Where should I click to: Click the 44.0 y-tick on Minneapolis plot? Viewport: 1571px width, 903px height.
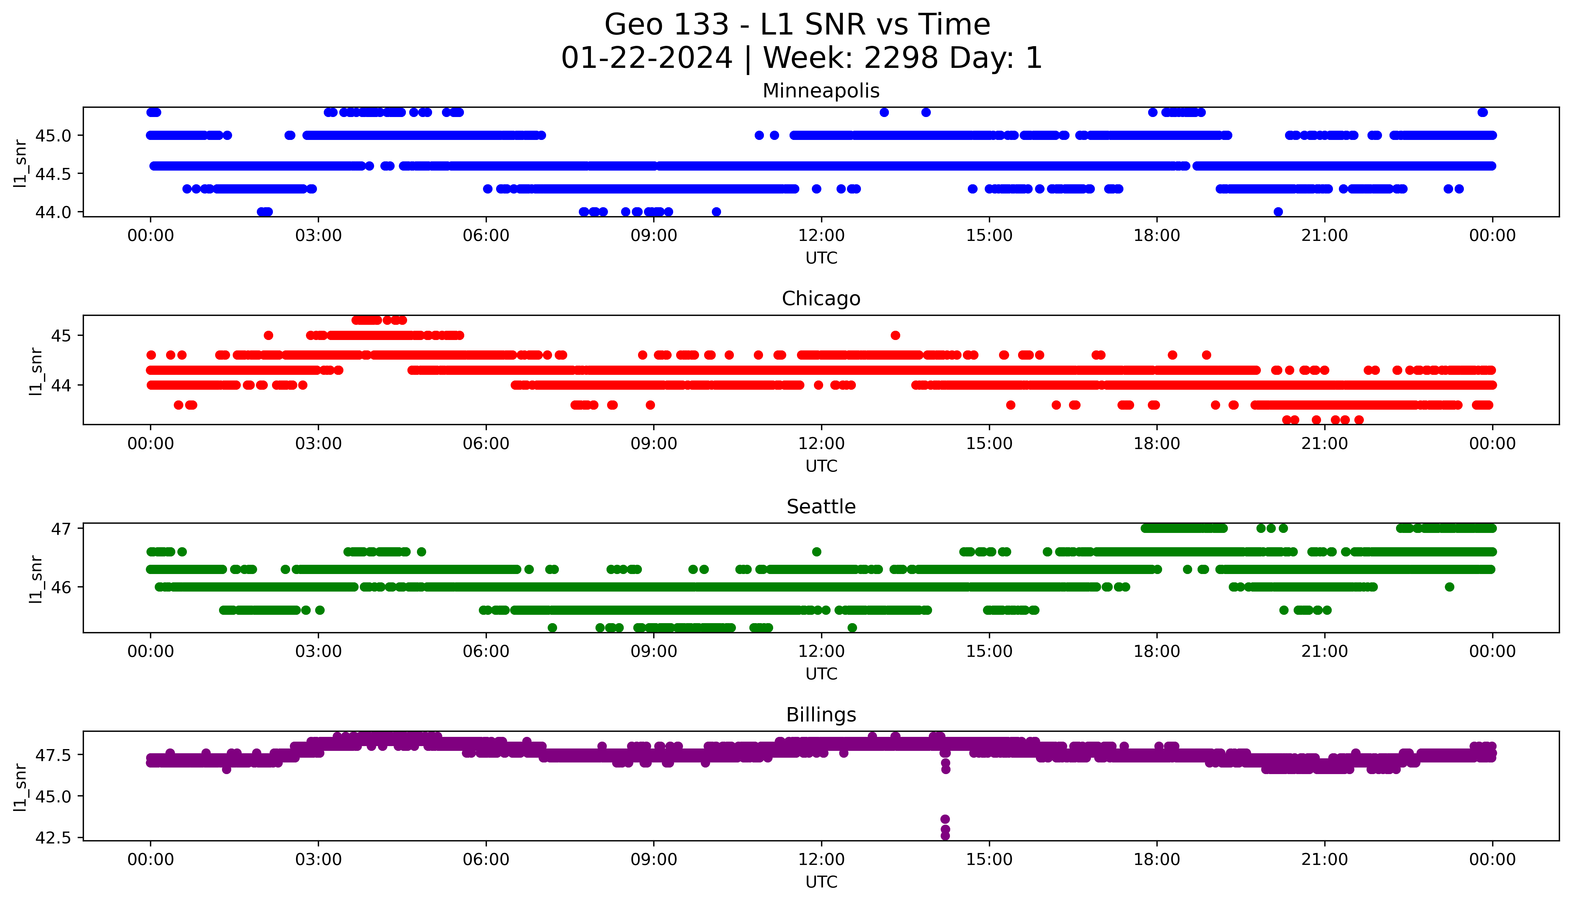[53, 212]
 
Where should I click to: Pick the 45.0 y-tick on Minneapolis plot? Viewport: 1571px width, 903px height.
[53, 135]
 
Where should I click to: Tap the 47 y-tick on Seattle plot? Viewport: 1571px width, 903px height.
[62, 528]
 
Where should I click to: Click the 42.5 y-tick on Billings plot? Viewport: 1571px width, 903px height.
[53, 838]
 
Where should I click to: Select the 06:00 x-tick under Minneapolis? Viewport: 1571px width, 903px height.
[486, 236]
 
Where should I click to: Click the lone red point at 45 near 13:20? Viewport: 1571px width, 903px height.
[895, 336]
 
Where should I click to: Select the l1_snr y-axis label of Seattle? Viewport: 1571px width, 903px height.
[36, 579]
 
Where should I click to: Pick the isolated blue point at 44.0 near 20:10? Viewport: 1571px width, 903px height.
[1278, 212]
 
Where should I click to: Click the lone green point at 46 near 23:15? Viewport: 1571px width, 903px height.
[1449, 587]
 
